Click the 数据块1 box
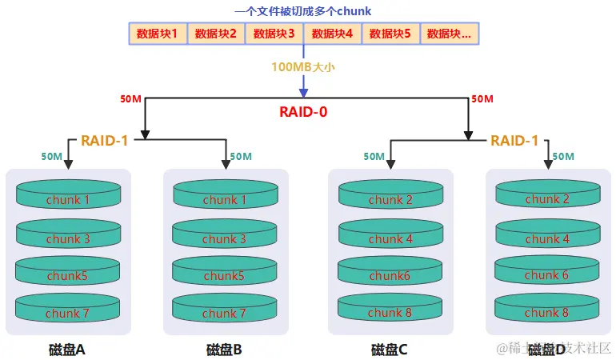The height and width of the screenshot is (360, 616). pyautogui.click(x=158, y=34)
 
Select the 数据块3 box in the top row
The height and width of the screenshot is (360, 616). pyautogui.click(x=274, y=34)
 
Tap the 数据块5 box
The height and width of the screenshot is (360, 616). pyautogui.click(x=391, y=34)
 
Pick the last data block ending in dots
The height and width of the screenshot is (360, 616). pyautogui.click(x=449, y=34)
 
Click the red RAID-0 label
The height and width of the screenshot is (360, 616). pyautogui.click(x=303, y=112)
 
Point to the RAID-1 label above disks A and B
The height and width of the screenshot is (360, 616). pyautogui.click(x=104, y=141)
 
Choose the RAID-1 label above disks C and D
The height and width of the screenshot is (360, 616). pyautogui.click(x=514, y=141)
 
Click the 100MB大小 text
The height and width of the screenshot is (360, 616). pyautogui.click(x=303, y=67)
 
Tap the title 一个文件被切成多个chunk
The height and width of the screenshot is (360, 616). pyautogui.click(x=303, y=11)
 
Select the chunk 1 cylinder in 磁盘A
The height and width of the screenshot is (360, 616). pyautogui.click(x=68, y=198)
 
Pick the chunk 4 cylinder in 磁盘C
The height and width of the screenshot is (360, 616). pyautogui.click(x=390, y=238)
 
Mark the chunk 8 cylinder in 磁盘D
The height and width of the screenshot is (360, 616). pyautogui.click(x=547, y=311)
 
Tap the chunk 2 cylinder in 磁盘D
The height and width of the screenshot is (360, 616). pyautogui.click(x=547, y=198)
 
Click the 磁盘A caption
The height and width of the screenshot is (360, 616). pyautogui.click(x=68, y=350)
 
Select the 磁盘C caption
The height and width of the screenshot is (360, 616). pyautogui.click(x=390, y=350)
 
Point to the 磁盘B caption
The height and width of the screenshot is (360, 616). pyautogui.click(x=224, y=350)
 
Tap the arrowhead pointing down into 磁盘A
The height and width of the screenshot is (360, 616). pyautogui.click(x=68, y=164)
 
